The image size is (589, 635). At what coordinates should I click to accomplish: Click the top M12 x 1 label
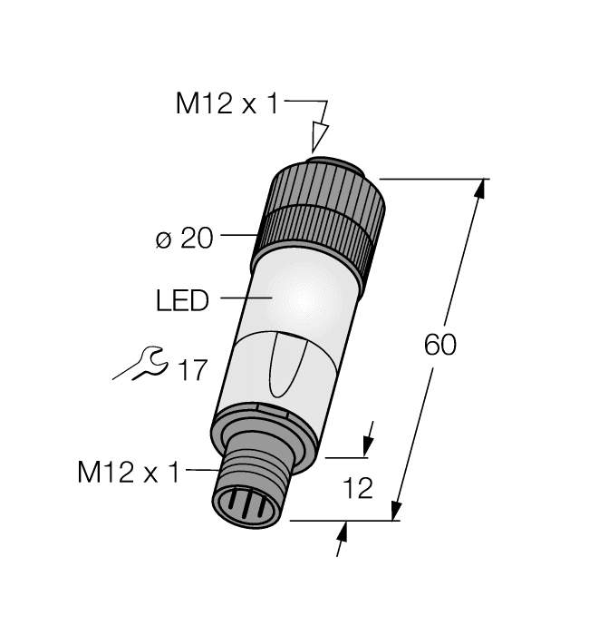point(227,104)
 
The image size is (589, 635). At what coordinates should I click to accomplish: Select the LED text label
point(182,300)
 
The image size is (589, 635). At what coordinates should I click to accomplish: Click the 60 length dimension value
point(440,346)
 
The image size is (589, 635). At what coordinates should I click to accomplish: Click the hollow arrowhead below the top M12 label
point(317,137)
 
